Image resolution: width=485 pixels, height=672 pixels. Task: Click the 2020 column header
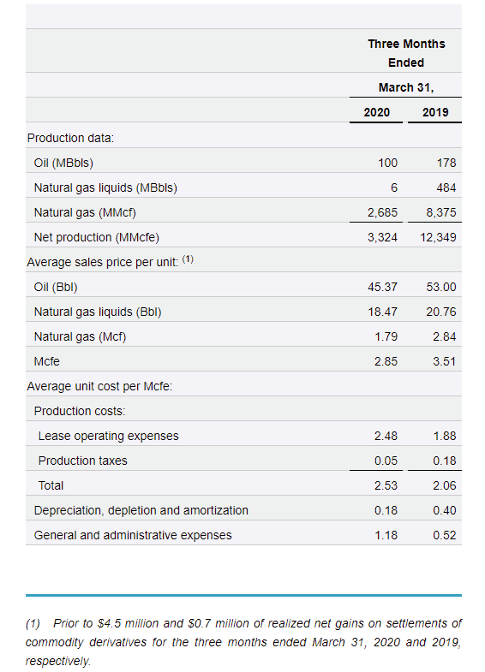376,112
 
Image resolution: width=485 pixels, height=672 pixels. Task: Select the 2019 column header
435,112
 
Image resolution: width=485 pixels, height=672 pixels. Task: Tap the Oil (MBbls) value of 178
446,163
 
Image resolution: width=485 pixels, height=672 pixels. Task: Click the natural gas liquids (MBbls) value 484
446,187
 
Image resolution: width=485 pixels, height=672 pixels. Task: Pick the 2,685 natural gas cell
382,212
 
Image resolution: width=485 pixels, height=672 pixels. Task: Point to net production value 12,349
438,237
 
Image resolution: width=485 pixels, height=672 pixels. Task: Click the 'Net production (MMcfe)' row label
97,237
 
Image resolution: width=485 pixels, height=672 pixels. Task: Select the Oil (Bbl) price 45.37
382,287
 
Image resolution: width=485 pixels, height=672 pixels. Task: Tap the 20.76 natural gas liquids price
441,312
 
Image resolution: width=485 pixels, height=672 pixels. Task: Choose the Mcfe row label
47,362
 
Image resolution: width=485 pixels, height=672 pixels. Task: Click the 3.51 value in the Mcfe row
444,362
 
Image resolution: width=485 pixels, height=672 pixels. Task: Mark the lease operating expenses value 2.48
386,436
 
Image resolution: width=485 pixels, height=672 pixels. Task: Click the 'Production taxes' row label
83,461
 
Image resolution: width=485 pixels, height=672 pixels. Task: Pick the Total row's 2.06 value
444,485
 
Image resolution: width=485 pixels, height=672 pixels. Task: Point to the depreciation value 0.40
444,510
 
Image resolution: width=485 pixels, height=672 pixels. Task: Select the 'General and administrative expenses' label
133,535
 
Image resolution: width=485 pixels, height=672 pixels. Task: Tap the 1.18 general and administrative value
386,535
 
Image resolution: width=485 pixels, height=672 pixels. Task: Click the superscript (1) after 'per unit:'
188,259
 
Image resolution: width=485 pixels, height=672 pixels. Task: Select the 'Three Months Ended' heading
406,53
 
